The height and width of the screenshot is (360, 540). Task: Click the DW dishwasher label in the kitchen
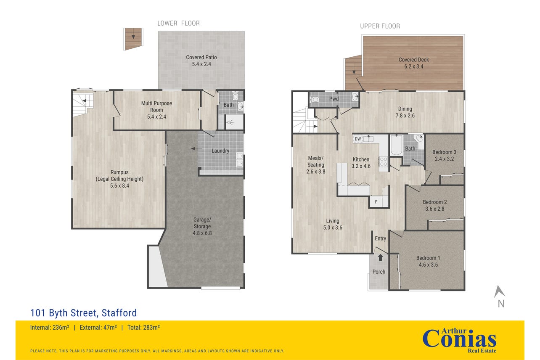point(358,139)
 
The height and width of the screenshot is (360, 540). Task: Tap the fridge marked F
point(376,202)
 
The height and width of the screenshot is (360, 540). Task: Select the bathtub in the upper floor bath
point(396,145)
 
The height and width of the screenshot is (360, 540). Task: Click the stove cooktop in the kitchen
point(383,161)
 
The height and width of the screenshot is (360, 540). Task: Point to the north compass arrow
point(499,292)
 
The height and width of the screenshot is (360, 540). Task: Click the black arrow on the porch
point(380,257)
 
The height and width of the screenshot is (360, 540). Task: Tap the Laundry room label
point(220,151)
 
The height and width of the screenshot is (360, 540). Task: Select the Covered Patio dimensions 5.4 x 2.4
point(201,64)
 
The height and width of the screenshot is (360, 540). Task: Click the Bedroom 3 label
point(444,152)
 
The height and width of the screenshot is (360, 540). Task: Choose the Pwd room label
point(334,98)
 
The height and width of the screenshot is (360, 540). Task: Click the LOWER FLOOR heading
point(178,24)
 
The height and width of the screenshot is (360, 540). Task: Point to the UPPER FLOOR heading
point(380,26)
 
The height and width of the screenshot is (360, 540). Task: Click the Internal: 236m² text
point(50,328)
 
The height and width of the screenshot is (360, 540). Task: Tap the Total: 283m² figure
point(143,328)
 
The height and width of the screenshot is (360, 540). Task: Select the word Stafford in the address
point(119,313)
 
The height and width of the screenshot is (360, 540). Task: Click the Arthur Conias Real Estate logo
point(459,341)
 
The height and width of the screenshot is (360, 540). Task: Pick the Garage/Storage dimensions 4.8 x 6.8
point(202,233)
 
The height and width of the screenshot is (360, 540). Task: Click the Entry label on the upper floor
point(381,238)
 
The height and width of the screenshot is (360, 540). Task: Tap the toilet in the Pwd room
point(315,100)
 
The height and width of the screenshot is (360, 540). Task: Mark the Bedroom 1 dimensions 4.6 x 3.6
point(428,265)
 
